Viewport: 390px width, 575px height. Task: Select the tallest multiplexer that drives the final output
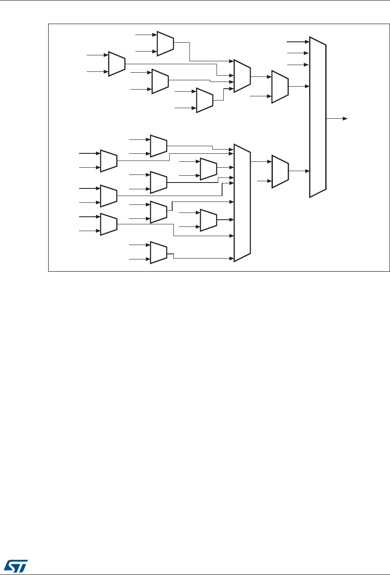pyautogui.click(x=318, y=117)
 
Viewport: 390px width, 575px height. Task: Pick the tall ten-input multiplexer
pyautogui.click(x=242, y=202)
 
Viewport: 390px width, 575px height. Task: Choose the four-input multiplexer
pyautogui.click(x=242, y=76)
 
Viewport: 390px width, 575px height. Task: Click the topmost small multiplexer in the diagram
pyautogui.click(x=165, y=43)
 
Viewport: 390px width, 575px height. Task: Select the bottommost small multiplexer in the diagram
pyautogui.click(x=159, y=252)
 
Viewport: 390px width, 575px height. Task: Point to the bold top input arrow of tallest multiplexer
pyautogui.click(x=299, y=42)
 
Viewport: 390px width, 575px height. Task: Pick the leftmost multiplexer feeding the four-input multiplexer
pyautogui.click(x=116, y=64)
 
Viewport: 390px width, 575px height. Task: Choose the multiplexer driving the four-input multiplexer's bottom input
pyautogui.click(x=204, y=100)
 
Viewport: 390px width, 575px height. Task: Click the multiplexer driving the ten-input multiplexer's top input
pyautogui.click(x=159, y=146)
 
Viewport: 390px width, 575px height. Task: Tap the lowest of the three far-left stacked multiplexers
pyautogui.click(x=108, y=224)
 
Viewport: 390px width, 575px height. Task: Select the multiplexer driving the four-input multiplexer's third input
pyautogui.click(x=160, y=81)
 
